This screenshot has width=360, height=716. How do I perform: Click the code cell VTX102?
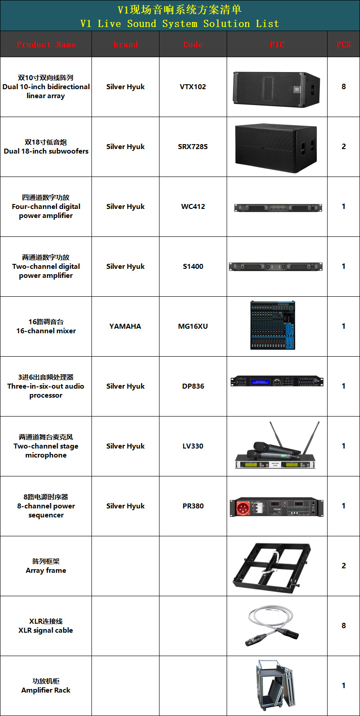(x=193, y=87)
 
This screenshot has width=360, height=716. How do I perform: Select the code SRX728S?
(x=193, y=147)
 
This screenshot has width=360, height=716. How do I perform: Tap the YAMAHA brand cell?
(x=125, y=326)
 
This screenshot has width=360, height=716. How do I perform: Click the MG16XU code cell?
(x=193, y=326)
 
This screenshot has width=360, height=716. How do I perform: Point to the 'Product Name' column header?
(x=46, y=45)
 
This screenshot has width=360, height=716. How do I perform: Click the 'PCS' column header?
(x=343, y=45)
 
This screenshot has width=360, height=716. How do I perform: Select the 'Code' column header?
(x=193, y=45)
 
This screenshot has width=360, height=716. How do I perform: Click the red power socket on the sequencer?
(x=243, y=508)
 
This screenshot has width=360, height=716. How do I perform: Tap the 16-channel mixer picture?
(x=273, y=326)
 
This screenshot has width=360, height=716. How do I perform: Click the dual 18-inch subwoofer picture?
(x=276, y=148)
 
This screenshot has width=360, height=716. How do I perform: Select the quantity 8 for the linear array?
(x=344, y=87)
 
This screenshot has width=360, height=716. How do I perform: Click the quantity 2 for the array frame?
(x=344, y=566)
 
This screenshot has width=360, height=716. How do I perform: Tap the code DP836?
(x=193, y=386)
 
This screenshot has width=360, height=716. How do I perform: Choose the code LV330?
(x=193, y=446)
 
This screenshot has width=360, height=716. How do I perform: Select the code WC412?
(x=193, y=207)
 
